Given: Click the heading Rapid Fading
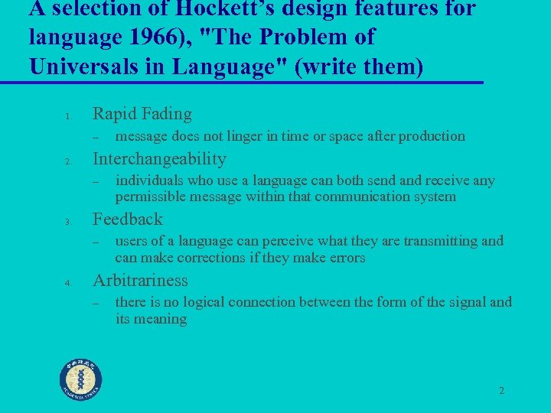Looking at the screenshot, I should [142, 114].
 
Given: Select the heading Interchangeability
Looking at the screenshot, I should [159, 159].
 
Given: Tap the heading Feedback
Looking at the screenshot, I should [127, 220].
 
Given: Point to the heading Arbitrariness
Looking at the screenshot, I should [140, 280].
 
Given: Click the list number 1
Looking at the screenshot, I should [67, 117].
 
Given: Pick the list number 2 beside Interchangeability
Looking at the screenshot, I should [67, 162].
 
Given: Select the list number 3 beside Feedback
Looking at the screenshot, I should [67, 223].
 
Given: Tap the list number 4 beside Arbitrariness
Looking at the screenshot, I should [67, 283].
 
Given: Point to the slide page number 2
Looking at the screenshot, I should [501, 391].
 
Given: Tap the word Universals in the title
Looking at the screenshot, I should [96, 67].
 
